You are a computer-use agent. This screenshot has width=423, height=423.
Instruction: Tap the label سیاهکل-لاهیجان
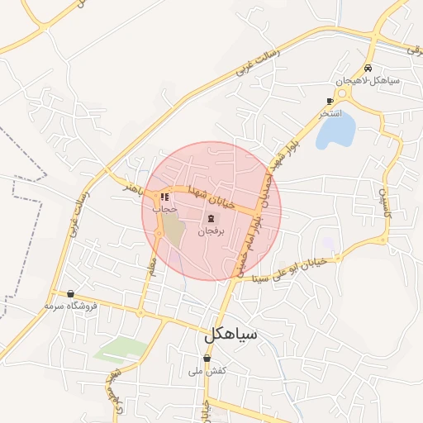click(x=368, y=81)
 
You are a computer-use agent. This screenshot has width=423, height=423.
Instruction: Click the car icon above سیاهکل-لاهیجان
click(x=368, y=69)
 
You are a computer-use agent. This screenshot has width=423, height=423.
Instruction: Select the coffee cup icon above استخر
click(x=330, y=101)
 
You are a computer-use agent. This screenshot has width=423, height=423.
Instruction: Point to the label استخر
click(x=330, y=112)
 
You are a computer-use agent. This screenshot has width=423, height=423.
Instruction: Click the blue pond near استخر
click(x=336, y=128)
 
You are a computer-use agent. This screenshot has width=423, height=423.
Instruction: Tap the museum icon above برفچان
click(x=211, y=219)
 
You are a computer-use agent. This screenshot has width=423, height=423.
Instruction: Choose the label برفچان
click(x=211, y=232)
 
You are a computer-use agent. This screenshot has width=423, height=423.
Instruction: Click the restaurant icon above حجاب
click(x=165, y=197)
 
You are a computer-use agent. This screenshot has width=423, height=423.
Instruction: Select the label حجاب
click(x=165, y=210)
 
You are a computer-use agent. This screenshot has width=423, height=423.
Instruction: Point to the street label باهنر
click(x=134, y=188)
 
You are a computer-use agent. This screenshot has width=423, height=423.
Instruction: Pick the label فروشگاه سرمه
click(x=71, y=306)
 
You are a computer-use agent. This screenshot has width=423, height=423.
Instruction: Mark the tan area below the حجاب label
click(x=174, y=231)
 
